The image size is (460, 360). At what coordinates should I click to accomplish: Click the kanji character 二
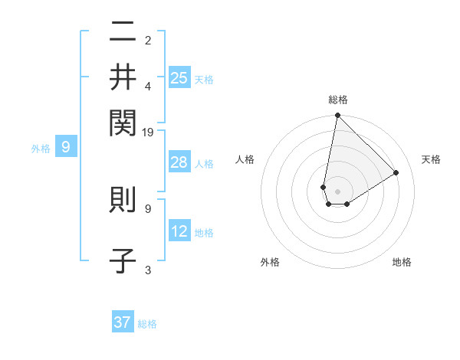[x=123, y=33]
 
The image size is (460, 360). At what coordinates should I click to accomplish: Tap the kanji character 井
[x=123, y=77]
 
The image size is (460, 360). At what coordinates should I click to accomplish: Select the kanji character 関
[x=123, y=120]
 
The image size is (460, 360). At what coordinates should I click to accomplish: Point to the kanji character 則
[x=123, y=200]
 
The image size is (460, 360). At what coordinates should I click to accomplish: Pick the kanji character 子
[x=123, y=261]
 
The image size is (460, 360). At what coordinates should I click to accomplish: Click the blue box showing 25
[x=179, y=78]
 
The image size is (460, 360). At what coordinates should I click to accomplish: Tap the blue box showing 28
[x=179, y=162]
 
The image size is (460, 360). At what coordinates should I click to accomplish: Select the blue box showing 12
[x=179, y=231]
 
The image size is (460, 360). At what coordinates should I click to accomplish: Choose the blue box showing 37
[x=123, y=322]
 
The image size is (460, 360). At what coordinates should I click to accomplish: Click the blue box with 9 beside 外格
[x=66, y=147]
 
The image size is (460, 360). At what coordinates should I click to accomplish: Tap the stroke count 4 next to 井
[x=148, y=85]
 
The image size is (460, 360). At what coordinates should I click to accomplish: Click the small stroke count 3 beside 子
[x=148, y=270]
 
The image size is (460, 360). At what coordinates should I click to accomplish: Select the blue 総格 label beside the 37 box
[x=147, y=324]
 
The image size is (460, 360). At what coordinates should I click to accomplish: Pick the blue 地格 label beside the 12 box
[x=204, y=233]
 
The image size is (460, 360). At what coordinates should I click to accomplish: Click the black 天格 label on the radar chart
[x=431, y=159]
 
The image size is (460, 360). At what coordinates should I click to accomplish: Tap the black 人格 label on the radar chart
[x=245, y=159]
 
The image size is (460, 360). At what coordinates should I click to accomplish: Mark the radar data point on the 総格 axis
[x=337, y=116]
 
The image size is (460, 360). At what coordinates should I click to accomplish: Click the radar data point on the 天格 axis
[x=396, y=172]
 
